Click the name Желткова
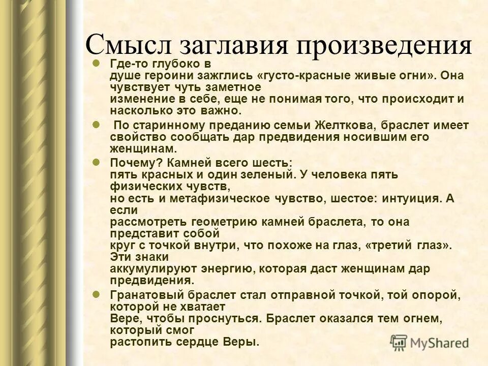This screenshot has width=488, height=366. click(x=331, y=125)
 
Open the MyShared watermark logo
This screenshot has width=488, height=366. click(x=430, y=342)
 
